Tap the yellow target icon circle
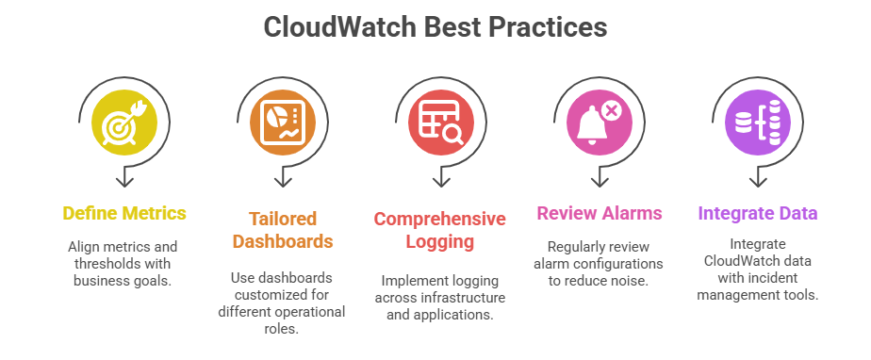coord(124,123)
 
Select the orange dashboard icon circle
coord(283,123)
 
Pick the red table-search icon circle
coord(441,123)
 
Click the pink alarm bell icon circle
coord(600,123)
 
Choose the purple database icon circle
coord(758,123)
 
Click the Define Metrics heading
coord(124,213)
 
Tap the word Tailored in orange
coord(283,219)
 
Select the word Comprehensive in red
coord(440,219)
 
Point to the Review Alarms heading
coord(600,213)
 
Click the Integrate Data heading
coord(758,213)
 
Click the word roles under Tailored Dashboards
coord(282,328)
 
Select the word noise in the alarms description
coord(629,281)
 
